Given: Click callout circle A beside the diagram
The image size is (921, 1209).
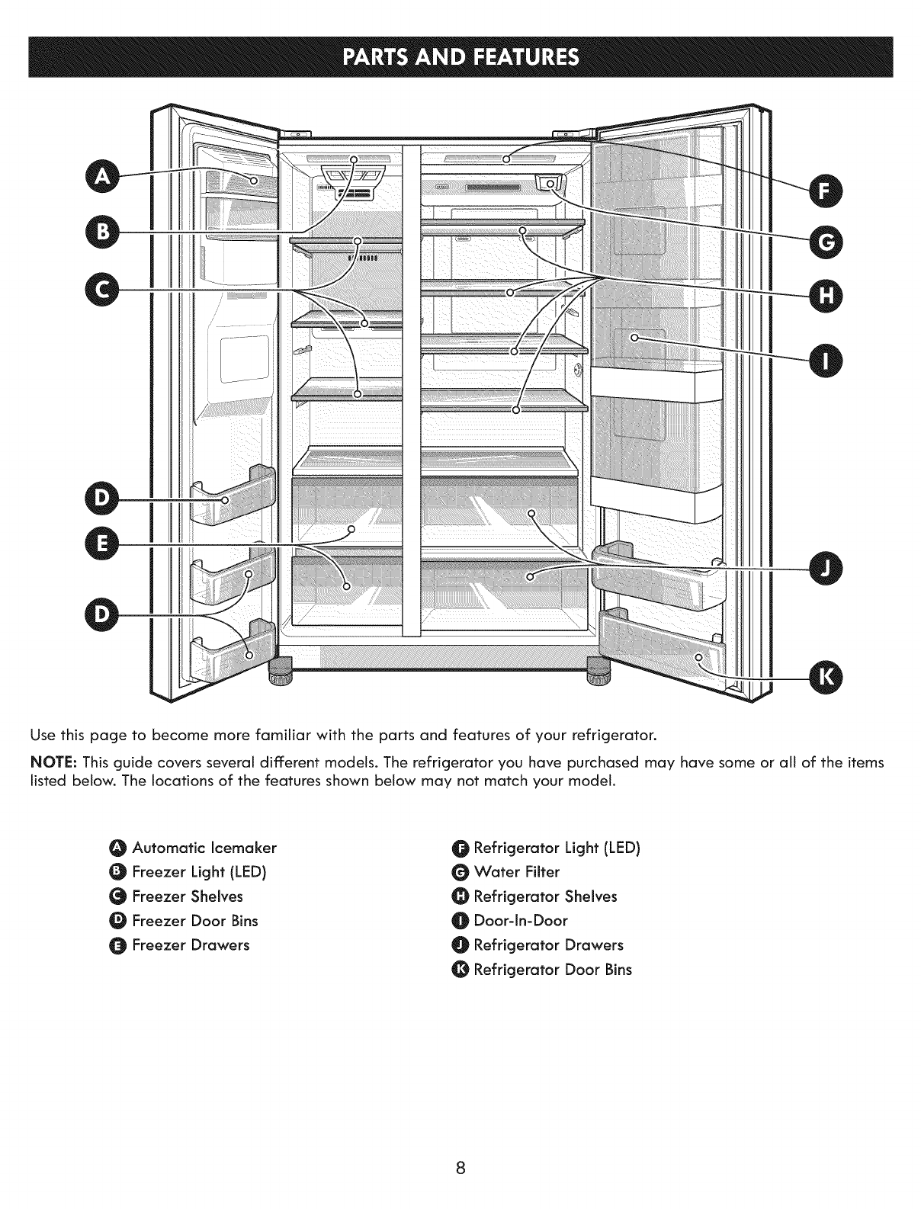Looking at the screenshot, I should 104,177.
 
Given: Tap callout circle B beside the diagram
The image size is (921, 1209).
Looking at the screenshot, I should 104,230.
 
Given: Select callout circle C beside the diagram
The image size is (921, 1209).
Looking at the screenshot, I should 104,290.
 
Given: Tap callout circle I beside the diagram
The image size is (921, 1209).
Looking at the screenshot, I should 820,357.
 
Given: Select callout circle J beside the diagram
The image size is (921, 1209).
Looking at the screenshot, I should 820,569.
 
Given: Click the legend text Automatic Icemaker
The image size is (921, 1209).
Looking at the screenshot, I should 204,848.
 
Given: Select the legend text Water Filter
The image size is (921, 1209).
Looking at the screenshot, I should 516,872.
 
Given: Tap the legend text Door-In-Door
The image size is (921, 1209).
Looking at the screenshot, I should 521,921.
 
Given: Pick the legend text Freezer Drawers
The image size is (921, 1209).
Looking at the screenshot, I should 191,945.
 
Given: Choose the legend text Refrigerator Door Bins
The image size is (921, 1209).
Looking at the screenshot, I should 552,970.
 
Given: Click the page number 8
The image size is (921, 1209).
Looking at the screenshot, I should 460,1168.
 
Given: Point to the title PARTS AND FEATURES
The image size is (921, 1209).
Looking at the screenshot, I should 460,57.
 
